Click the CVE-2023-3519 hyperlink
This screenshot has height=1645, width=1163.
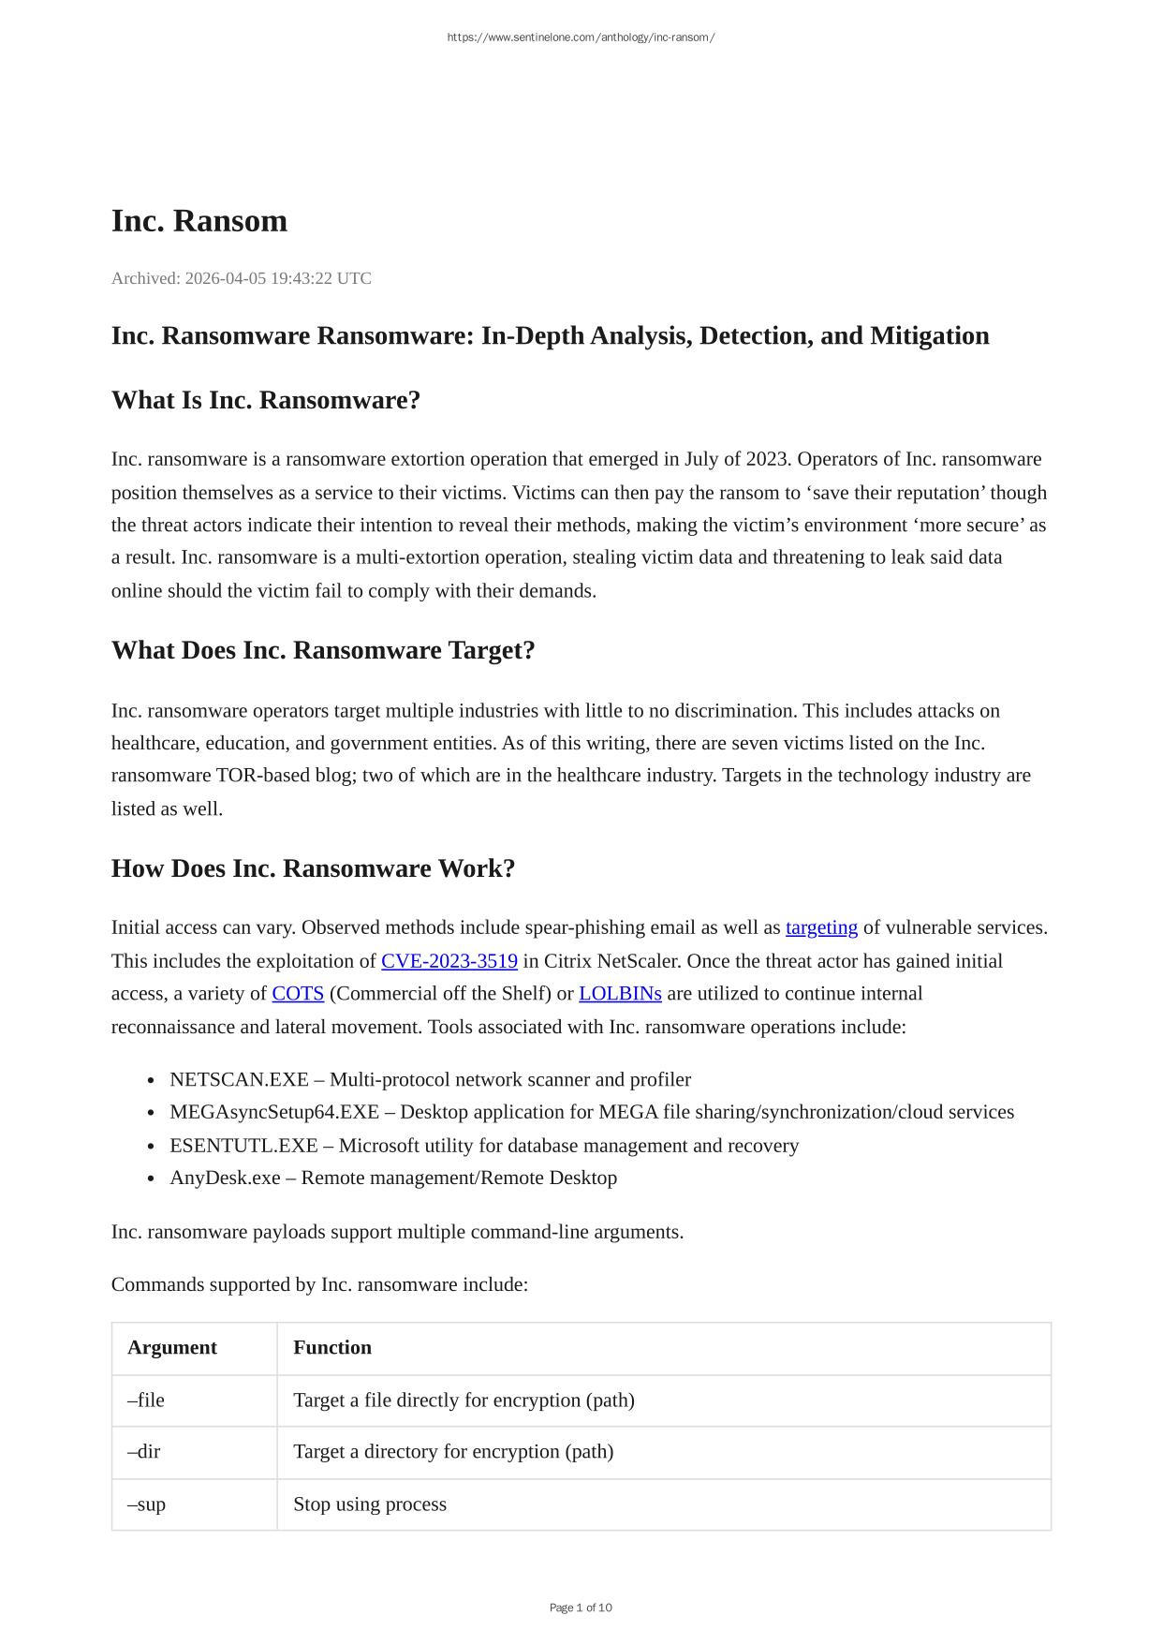click(x=449, y=961)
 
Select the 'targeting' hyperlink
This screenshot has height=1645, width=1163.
click(x=821, y=927)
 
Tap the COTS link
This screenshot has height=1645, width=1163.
click(x=298, y=994)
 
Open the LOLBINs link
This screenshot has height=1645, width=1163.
click(x=620, y=994)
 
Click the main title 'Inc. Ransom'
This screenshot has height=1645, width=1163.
click(x=199, y=221)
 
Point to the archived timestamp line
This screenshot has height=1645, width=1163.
click(x=242, y=278)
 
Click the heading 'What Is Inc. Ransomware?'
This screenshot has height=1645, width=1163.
click(x=266, y=400)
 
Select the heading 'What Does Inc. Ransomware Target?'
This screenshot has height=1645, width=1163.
click(x=323, y=650)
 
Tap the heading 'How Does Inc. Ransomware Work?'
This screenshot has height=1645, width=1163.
click(x=313, y=868)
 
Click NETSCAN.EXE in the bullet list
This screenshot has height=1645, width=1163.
click(x=239, y=1079)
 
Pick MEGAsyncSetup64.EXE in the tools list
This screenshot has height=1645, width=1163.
click(x=274, y=1112)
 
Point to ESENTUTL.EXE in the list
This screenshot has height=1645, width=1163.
click(x=243, y=1146)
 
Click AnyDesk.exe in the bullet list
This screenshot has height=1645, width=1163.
click(x=225, y=1178)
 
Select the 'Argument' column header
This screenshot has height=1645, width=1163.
click(x=172, y=1347)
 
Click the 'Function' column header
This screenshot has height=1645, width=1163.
click(x=332, y=1347)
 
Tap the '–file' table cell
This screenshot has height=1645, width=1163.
click(x=146, y=1400)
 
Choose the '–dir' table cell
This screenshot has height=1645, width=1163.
click(x=144, y=1451)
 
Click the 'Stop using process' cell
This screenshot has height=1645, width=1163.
click(x=370, y=1504)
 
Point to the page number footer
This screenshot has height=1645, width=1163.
click(x=581, y=1608)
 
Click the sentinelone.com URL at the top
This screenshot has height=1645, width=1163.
click(x=581, y=37)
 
